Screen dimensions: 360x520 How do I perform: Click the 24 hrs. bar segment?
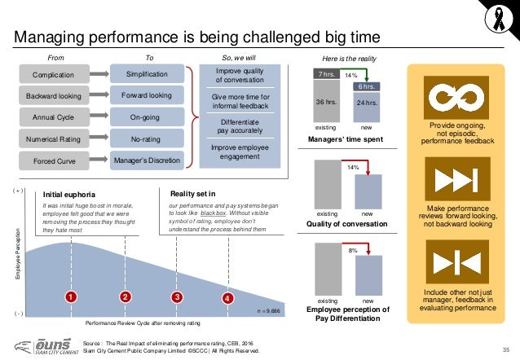369,104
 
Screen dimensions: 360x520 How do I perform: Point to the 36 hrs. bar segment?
325,103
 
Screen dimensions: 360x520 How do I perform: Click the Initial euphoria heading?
70,195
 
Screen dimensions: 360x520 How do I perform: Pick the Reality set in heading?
192,194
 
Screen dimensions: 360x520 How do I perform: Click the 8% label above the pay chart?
355,252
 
